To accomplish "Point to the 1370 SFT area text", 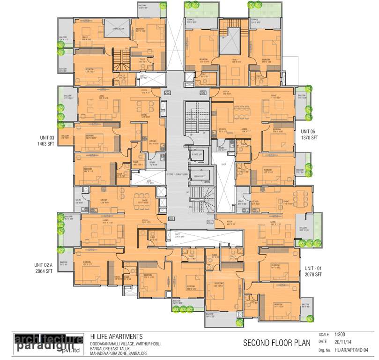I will coord(310,138).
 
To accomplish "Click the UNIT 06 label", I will coord(310,132).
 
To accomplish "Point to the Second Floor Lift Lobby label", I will coord(177,173).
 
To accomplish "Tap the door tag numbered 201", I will coord(209,221).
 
